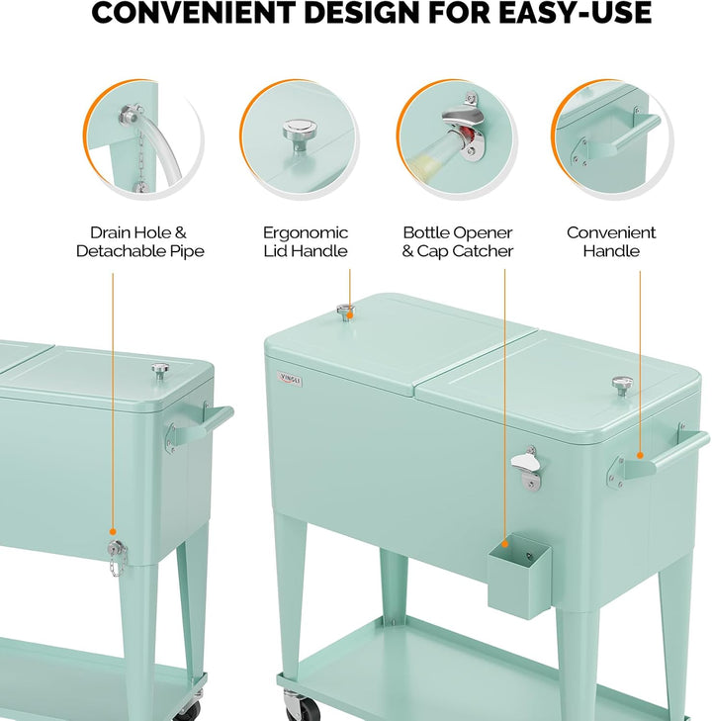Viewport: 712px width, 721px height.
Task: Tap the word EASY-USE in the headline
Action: point(575,13)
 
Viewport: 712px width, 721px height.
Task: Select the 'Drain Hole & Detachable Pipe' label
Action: point(140,241)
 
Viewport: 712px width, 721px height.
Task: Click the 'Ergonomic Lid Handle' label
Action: point(306,241)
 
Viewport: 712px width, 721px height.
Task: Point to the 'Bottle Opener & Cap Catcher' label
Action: point(457,241)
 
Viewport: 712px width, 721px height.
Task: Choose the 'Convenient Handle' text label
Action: point(611,241)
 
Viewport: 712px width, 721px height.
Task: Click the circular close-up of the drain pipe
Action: point(143,139)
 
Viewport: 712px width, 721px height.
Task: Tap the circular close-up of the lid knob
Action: point(300,139)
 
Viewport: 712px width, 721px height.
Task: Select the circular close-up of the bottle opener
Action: point(457,139)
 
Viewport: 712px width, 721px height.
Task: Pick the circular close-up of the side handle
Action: point(612,139)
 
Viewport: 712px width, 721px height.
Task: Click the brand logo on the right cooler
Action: point(290,380)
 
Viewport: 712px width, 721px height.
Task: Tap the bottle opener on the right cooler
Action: point(527,466)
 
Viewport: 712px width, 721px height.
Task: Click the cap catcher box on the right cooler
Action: point(519,576)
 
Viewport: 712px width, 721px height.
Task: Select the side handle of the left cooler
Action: point(198,426)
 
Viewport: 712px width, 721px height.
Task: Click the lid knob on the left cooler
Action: point(160,371)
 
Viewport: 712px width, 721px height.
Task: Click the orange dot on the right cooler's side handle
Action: point(640,456)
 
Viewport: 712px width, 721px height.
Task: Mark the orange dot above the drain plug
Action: point(113,531)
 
